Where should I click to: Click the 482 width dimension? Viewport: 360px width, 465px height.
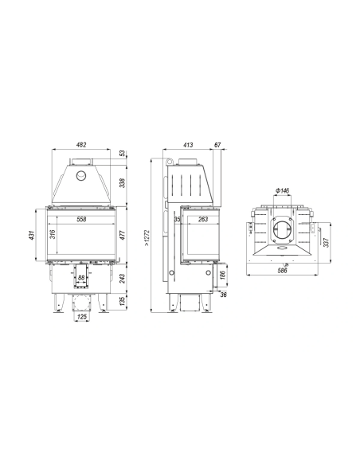pos(81,145)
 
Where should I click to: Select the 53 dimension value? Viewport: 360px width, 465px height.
pos(123,154)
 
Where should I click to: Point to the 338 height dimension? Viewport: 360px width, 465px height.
pos(123,182)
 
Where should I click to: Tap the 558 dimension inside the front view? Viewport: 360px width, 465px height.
pos(81,219)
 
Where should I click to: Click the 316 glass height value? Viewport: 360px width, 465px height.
pos(53,235)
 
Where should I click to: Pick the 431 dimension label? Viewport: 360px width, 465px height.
pos(33,235)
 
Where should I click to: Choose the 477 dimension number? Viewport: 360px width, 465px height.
pos(123,235)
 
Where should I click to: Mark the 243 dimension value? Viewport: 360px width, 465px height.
pos(123,278)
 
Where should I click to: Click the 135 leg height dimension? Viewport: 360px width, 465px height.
pos(123,301)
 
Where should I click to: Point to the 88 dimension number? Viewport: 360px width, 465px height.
pos(81,278)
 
